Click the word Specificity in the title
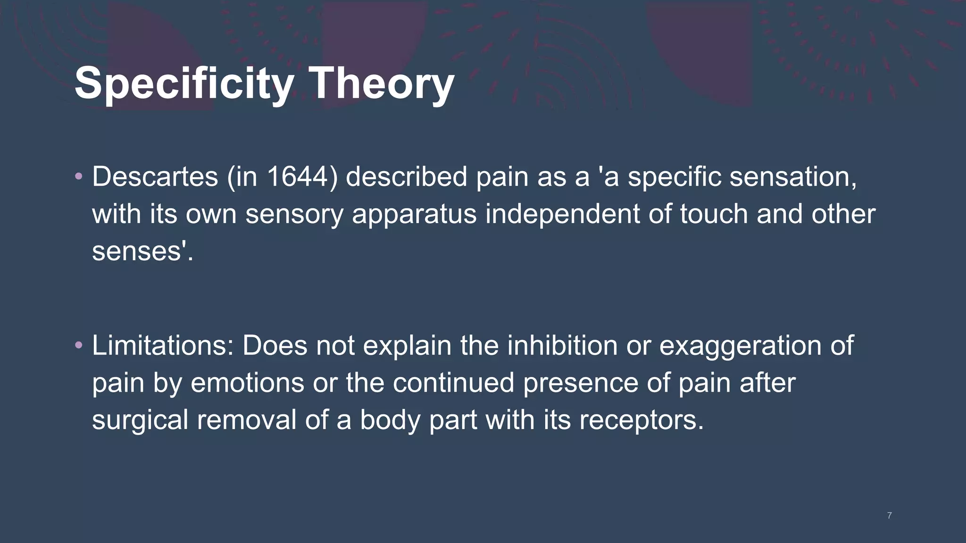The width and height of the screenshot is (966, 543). (184, 83)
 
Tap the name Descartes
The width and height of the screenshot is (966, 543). (155, 177)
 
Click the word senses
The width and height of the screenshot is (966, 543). (137, 251)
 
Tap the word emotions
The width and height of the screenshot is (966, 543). (247, 382)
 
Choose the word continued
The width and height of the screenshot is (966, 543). (453, 382)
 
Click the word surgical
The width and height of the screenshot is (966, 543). (140, 420)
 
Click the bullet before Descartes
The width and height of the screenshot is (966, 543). (79, 177)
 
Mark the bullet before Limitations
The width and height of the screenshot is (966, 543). (79, 346)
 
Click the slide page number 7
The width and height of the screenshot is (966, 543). (889, 516)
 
